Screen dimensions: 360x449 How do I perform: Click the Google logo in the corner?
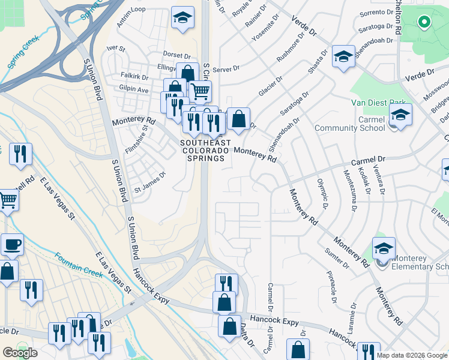coord(20,353)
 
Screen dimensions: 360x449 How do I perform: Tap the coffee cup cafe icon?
coord(13,244)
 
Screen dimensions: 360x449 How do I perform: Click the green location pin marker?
coord(424,23)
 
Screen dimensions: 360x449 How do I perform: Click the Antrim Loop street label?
coord(132,9)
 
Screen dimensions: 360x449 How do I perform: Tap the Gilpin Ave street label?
coord(134,89)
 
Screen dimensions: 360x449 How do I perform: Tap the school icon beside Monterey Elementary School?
coord(384,247)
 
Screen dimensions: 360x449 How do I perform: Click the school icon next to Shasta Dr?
coord(343,57)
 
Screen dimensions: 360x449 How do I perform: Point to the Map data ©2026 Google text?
coord(412,355)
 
